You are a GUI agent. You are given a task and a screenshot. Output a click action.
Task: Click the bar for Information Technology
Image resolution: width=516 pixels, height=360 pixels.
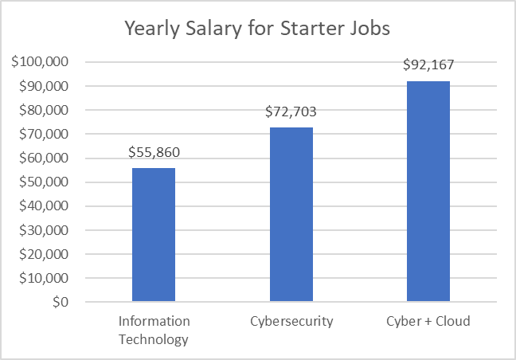[154, 235]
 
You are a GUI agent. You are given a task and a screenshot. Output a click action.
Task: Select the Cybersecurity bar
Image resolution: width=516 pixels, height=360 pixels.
[291, 215]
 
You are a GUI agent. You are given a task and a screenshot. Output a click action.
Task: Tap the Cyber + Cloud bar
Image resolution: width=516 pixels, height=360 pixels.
[428, 191]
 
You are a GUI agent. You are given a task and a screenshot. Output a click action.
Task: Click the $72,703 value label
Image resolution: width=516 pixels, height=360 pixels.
[291, 112]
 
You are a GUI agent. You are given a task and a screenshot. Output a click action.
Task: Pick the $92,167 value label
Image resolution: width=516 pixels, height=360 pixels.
[428, 65]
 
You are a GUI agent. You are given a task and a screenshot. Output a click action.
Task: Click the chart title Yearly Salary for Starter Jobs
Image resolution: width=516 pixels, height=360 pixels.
[256, 29]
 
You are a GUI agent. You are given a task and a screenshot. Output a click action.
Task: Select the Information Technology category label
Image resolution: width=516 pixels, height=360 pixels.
[154, 331]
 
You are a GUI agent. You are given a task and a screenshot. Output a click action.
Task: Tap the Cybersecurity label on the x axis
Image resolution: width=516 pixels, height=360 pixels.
[291, 322]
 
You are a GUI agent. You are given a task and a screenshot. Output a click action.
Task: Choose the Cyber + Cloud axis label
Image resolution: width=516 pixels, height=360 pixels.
[428, 322]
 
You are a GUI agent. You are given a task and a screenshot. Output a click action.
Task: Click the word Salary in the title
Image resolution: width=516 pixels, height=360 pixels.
[211, 29]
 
